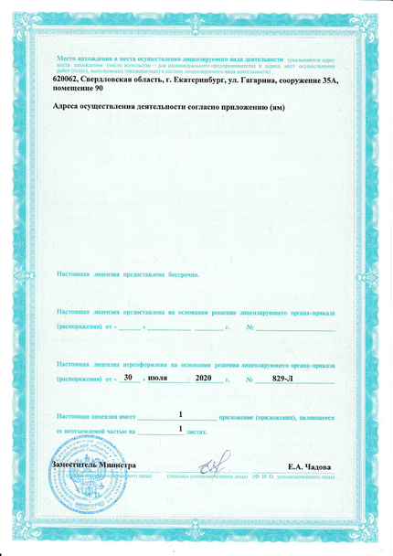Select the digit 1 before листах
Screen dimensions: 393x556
tap(182, 428)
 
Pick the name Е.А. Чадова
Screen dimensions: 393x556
tap(309, 467)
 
